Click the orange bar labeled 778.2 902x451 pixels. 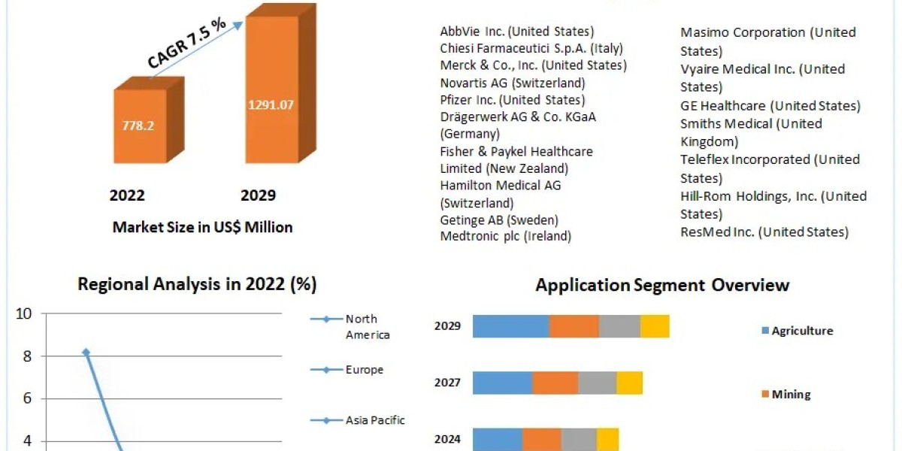pos(139,126)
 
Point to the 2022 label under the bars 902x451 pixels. pos(127,195)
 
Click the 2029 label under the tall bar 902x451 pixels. pos(258,195)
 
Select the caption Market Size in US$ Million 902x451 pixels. pos(202,226)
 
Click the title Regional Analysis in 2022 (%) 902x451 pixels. pos(197,285)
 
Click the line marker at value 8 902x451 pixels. pos(86,352)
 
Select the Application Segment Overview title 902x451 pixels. pos(662,285)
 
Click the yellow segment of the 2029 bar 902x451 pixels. pos(655,326)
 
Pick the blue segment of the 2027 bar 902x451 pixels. pos(502,383)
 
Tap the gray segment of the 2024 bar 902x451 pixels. pos(579,439)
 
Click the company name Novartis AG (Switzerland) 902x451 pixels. pos(513,83)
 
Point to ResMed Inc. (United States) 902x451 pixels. pos(764,232)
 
